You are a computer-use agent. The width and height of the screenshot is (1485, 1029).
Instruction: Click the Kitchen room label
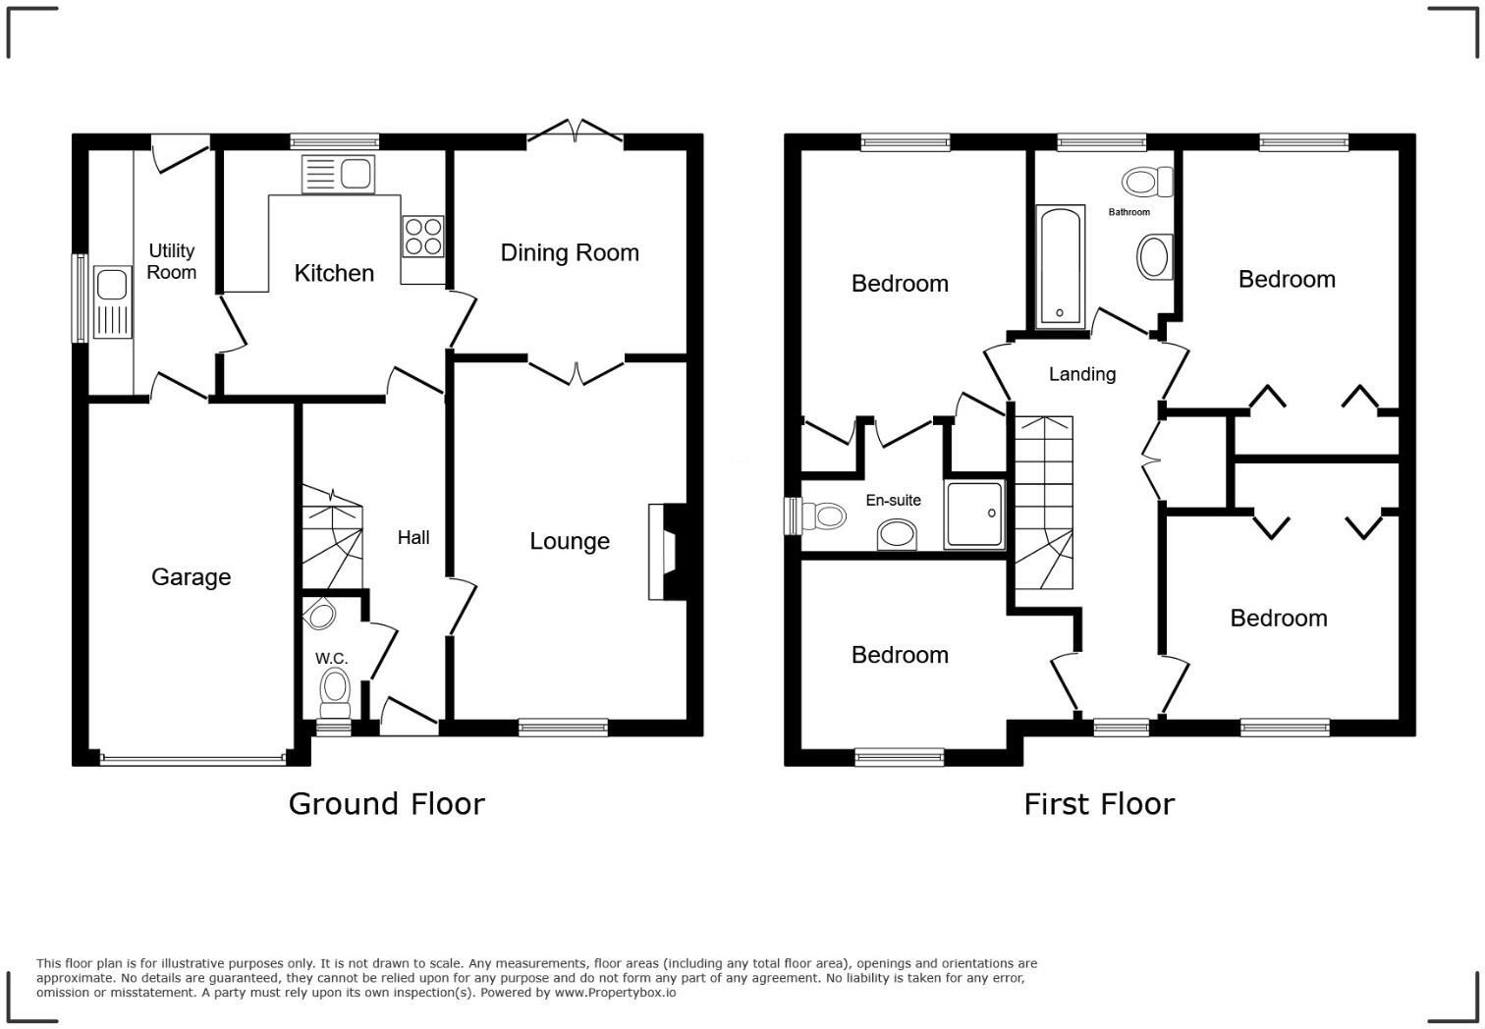pos(334,273)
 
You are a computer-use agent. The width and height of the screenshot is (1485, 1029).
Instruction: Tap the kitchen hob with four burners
pos(422,237)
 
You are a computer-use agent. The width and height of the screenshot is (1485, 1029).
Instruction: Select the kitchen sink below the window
pos(338,175)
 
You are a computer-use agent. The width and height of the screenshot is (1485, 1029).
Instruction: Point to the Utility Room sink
pos(113,301)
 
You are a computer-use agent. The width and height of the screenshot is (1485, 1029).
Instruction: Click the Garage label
pos(191,577)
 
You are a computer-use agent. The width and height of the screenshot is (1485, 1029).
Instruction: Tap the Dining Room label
pos(570,253)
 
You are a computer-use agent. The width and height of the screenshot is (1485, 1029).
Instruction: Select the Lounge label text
pos(570,541)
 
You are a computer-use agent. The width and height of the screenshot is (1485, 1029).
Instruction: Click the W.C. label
pos(331,658)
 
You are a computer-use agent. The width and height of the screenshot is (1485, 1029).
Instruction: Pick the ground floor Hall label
pos(413,537)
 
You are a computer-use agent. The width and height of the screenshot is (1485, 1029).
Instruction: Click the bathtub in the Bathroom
pos(1060,264)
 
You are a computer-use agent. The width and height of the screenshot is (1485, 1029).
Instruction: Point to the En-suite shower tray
pos(974,514)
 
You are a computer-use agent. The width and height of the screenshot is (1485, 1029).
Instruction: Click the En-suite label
pos(893,501)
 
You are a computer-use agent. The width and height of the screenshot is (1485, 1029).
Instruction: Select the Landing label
pos(1081,374)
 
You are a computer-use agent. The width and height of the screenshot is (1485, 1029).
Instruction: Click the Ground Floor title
pos(386,804)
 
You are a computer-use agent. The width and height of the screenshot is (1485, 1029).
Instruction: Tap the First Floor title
pos(1098,804)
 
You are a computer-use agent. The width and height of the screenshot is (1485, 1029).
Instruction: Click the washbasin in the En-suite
pos(896,534)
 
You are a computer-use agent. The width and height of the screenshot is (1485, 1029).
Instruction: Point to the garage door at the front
pos(192,758)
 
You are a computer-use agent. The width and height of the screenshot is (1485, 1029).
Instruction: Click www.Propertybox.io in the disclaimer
pos(615,993)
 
